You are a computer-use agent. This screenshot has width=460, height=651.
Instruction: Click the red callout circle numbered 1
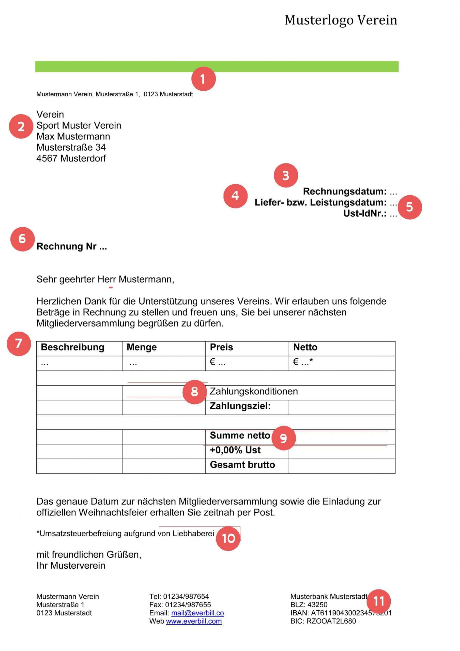203,79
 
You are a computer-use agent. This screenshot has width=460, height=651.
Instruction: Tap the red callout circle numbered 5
409,207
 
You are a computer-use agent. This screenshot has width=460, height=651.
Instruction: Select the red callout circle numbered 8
194,392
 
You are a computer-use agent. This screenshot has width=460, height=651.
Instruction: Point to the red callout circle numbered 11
379,601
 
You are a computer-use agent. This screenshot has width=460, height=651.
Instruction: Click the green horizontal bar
217,67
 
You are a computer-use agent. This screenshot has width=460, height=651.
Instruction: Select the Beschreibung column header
72,347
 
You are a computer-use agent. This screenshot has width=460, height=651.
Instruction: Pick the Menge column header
142,347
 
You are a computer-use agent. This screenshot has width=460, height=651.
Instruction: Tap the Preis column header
221,347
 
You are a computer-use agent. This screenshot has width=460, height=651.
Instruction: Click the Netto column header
305,347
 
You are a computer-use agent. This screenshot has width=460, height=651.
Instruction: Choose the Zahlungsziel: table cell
240,406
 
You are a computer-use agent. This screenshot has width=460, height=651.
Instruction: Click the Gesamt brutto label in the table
242,465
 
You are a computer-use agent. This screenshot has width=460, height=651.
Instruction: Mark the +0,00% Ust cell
235,450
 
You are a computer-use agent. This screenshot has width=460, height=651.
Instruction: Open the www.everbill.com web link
194,621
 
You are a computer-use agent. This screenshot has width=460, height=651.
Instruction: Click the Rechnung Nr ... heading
72,246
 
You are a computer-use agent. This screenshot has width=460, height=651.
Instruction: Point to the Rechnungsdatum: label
345,191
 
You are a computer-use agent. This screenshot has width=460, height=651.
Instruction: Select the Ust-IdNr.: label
365,214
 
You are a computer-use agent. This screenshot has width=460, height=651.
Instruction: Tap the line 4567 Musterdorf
71,158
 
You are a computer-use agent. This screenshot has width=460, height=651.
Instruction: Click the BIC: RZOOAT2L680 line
323,621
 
